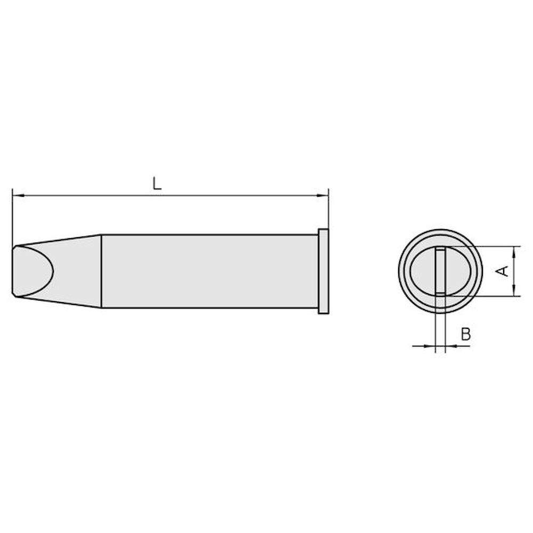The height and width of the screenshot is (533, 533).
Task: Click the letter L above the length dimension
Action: pyautogui.click(x=156, y=184)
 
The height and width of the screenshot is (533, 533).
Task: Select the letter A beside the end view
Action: pyautogui.click(x=502, y=271)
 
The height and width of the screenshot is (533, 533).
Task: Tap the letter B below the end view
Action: pyautogui.click(x=465, y=334)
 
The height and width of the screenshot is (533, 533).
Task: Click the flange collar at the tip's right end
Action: pyautogui.click(x=323, y=271)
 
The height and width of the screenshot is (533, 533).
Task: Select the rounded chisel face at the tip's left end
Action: pyautogui.click(x=33, y=271)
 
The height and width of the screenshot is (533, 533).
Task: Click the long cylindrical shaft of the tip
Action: pyautogui.click(x=208, y=271)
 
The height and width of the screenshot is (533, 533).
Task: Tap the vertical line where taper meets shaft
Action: pyautogui.click(x=101, y=271)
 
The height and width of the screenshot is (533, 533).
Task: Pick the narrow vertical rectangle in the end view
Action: pyautogui.click(x=440, y=271)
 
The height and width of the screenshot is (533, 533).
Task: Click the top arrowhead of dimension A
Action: pyautogui.click(x=514, y=250)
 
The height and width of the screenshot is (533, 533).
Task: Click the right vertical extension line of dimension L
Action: pyautogui.click(x=329, y=211)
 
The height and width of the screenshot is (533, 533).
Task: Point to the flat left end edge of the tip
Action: pyautogui.click(x=12, y=271)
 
